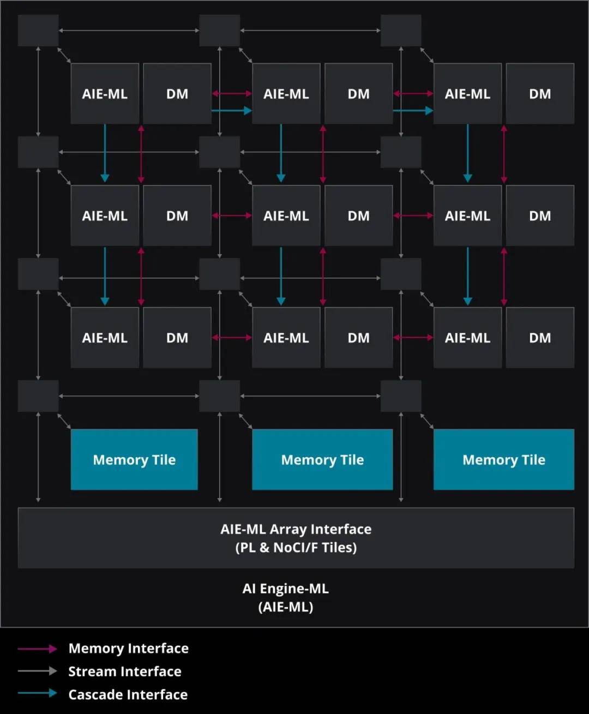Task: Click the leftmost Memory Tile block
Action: [134, 459]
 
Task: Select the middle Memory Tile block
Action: [322, 459]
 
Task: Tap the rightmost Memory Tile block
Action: [504, 459]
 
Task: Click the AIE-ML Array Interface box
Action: [296, 538]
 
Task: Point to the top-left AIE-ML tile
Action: [105, 93]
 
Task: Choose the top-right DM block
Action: [540, 93]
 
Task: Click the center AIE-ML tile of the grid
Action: [286, 215]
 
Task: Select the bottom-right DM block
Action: [540, 338]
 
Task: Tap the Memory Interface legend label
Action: [129, 649]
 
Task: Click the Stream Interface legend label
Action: [125, 671]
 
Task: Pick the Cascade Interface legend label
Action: [128, 694]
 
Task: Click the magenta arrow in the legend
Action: [37, 649]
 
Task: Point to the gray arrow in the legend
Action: [37, 671]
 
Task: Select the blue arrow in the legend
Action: [37, 693]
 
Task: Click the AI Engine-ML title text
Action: [286, 598]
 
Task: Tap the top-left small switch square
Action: [38, 31]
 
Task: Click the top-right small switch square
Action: [401, 31]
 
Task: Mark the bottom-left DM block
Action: [177, 338]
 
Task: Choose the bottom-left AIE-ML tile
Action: [105, 338]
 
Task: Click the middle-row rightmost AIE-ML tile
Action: [467, 215]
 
